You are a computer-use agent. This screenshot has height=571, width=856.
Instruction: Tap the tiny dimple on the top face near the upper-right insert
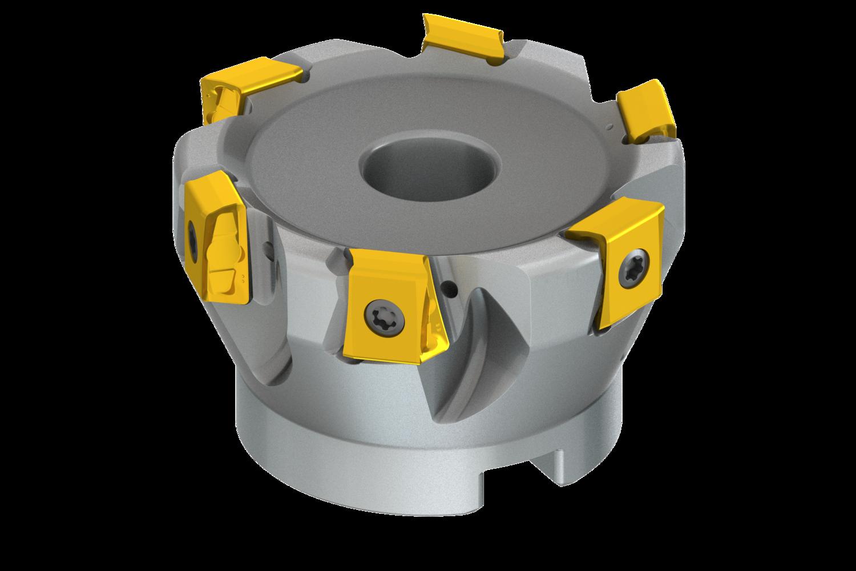point(610,124)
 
